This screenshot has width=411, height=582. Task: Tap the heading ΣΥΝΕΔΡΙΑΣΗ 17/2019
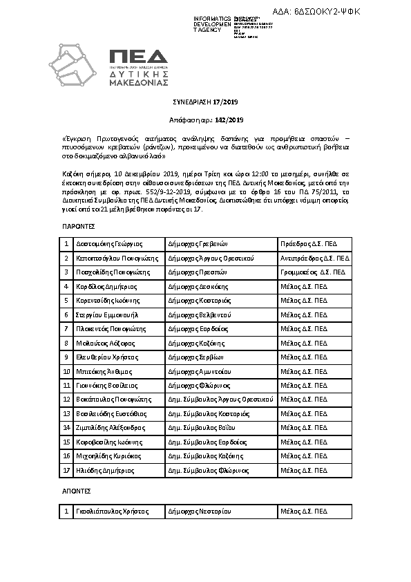pos(204,102)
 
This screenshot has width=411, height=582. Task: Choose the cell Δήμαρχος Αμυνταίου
pos(200,371)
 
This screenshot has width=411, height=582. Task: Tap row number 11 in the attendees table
pos(66,385)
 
